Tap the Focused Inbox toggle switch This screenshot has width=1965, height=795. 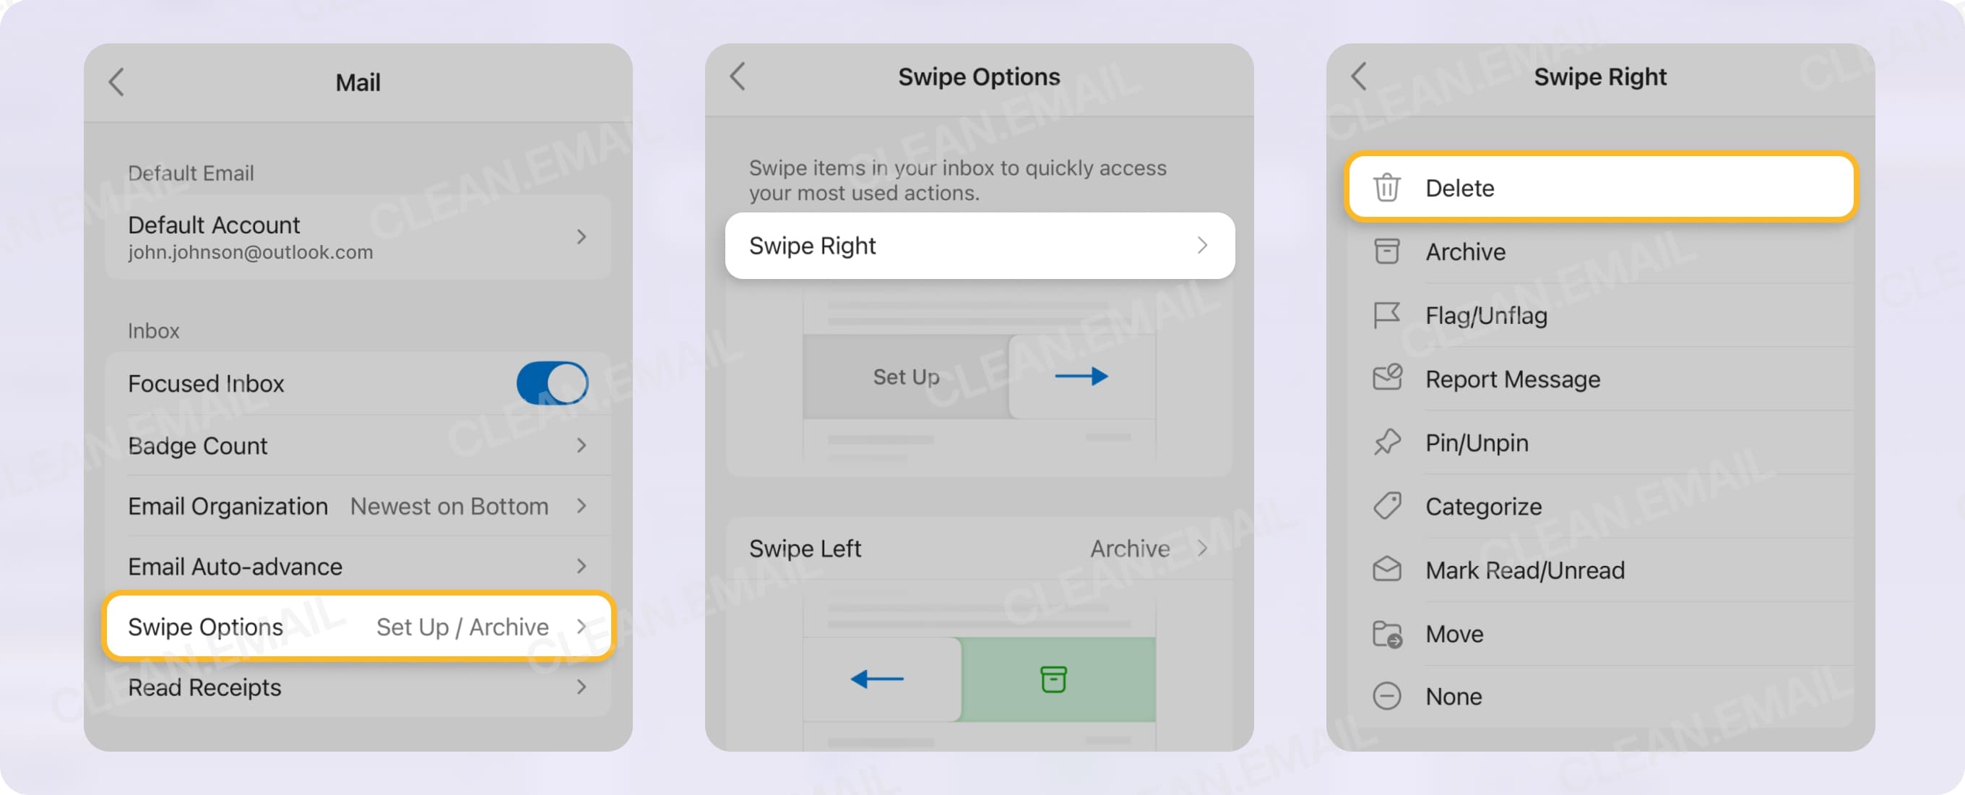(551, 383)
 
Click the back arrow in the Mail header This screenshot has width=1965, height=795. (117, 82)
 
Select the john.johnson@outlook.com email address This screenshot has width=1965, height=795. (250, 252)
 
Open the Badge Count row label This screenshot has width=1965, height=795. (197, 446)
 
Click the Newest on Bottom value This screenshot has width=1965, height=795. (449, 506)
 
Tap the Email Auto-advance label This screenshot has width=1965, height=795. (235, 566)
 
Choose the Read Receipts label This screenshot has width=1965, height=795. (204, 687)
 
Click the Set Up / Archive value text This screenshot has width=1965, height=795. (462, 627)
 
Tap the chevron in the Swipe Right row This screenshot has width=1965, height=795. (1202, 246)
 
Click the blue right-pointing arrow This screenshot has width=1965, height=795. (1081, 376)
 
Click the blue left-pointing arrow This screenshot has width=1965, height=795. (877, 678)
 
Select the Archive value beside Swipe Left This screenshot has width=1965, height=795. (1130, 549)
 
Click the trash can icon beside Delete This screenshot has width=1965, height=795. (1386, 188)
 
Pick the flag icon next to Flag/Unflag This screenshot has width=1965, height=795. (1386, 315)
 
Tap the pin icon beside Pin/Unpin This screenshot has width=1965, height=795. (1386, 442)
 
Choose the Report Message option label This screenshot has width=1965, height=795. (1513, 379)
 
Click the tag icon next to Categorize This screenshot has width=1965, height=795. (1386, 506)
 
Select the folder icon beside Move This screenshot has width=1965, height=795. (1386, 634)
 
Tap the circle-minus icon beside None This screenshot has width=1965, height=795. (1386, 697)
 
